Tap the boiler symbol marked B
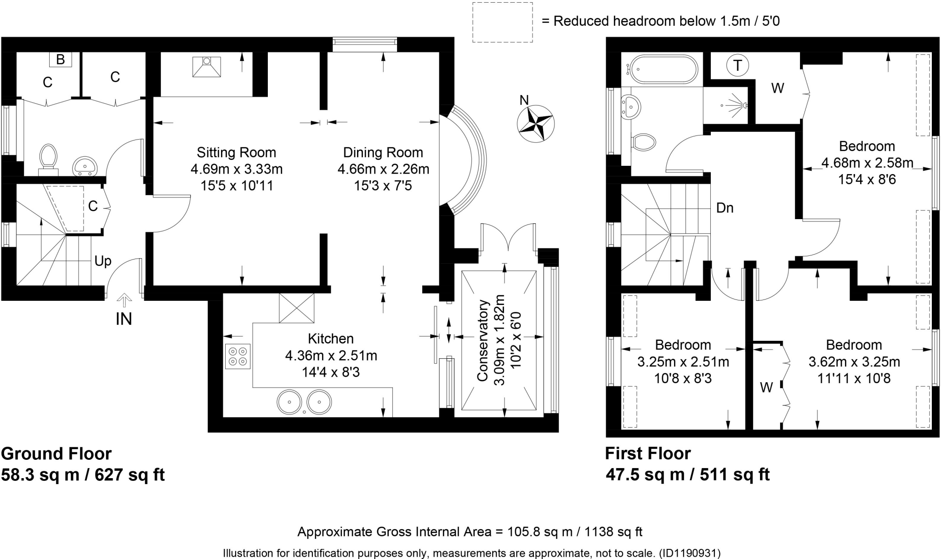[60, 59]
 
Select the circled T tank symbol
[737, 66]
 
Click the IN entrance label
[124, 318]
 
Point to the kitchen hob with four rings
[238, 356]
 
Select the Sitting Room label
[236, 152]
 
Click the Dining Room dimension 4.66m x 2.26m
[383, 169]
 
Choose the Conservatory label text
[482, 340]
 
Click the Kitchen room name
[331, 339]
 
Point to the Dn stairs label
[725, 208]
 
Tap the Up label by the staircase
[103, 261]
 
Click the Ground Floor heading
[57, 454]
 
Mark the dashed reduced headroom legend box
[503, 23]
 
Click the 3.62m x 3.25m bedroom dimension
[854, 362]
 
